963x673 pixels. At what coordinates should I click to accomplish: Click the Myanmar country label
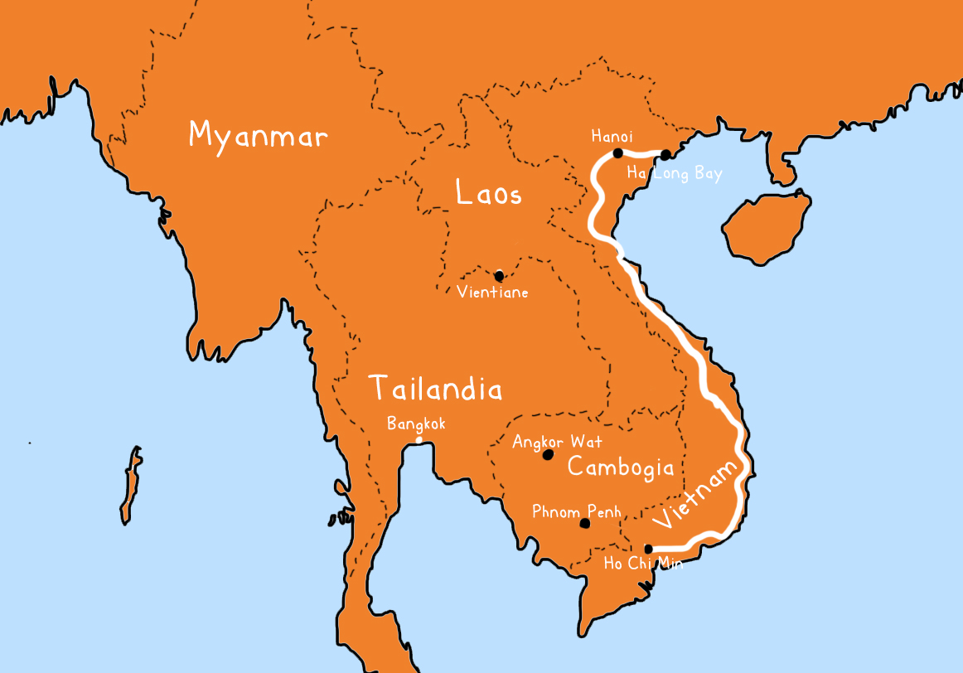[258, 135]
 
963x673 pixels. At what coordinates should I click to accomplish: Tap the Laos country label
[489, 194]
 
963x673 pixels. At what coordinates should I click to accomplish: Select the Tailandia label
[435, 389]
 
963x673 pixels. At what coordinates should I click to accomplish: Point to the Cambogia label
[620, 467]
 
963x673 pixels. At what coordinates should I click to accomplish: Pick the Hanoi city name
[612, 135]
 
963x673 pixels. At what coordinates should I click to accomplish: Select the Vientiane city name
[492, 292]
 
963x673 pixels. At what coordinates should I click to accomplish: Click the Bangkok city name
[416, 424]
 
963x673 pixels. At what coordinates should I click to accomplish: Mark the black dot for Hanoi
[617, 153]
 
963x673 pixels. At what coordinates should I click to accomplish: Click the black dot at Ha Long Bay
[665, 154]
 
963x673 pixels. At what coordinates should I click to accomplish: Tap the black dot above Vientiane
[499, 276]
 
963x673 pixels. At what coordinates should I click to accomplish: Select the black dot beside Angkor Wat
[547, 455]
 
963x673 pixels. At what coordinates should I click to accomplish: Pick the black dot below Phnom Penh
[585, 523]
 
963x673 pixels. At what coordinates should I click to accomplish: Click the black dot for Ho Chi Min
[649, 548]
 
